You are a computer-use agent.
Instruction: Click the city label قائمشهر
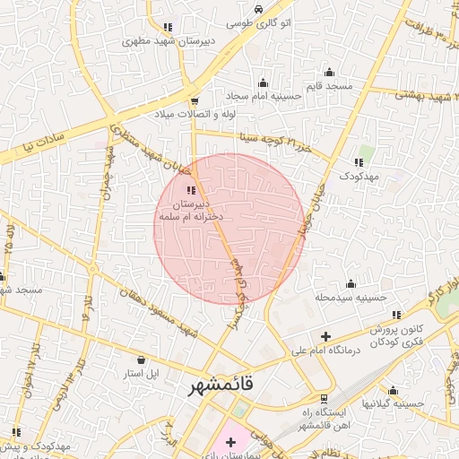click(x=221, y=385)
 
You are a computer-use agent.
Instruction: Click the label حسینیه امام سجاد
click(x=264, y=96)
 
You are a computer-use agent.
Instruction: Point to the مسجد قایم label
click(x=327, y=86)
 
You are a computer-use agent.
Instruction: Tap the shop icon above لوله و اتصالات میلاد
click(x=195, y=100)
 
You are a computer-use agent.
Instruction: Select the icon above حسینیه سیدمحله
click(x=351, y=283)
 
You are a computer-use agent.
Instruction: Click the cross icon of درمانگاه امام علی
click(x=325, y=336)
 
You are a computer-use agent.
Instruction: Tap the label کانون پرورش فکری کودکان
click(x=395, y=334)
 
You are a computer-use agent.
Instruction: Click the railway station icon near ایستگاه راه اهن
click(x=324, y=399)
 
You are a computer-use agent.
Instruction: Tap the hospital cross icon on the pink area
click(x=230, y=441)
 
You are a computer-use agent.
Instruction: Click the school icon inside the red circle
click(x=190, y=190)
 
